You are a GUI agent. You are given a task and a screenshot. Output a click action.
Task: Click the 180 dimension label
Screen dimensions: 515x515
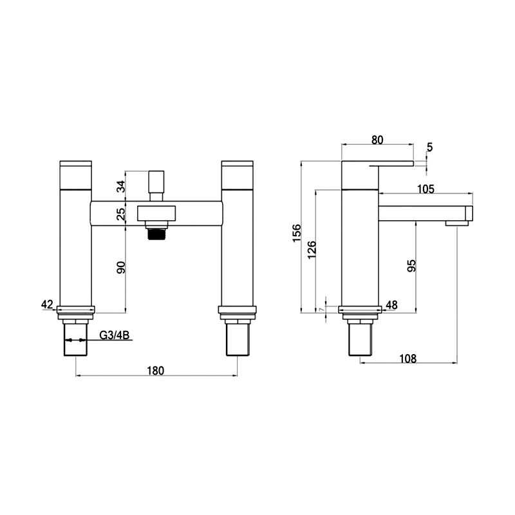[x=155, y=371]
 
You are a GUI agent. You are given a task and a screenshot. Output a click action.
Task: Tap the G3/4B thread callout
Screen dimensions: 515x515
[x=115, y=335]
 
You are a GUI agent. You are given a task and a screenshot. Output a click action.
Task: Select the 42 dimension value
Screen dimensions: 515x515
[x=47, y=304]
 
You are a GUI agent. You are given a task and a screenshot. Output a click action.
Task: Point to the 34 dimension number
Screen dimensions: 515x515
[x=121, y=187]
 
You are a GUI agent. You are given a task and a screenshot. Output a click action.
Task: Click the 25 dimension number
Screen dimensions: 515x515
[x=121, y=214]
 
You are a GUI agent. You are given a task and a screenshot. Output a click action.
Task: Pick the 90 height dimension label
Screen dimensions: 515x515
[x=121, y=268]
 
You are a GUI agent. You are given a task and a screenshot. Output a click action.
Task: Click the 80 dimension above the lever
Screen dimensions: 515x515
[x=377, y=140]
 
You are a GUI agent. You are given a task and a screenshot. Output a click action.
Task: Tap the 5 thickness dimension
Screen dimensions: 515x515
[x=430, y=147]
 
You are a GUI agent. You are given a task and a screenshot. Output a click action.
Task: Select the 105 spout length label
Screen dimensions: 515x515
[x=426, y=189]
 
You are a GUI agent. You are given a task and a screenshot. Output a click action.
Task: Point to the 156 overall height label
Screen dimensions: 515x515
[x=297, y=233]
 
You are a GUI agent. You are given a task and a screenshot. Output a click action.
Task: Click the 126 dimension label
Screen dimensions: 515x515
[x=312, y=250]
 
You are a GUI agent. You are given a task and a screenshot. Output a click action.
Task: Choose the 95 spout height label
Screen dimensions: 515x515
[x=411, y=266]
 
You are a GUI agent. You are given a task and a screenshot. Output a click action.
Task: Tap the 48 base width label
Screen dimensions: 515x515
[x=391, y=305]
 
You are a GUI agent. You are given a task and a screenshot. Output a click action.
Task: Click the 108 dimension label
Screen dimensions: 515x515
[x=407, y=359]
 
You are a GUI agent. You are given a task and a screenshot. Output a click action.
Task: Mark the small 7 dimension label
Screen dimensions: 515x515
[x=321, y=310]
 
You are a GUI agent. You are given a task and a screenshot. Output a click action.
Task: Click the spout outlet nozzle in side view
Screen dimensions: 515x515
[x=457, y=223]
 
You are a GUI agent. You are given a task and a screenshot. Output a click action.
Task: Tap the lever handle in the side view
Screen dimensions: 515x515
[x=391, y=164]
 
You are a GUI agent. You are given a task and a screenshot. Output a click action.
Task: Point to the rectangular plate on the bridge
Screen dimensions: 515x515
[x=156, y=213]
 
